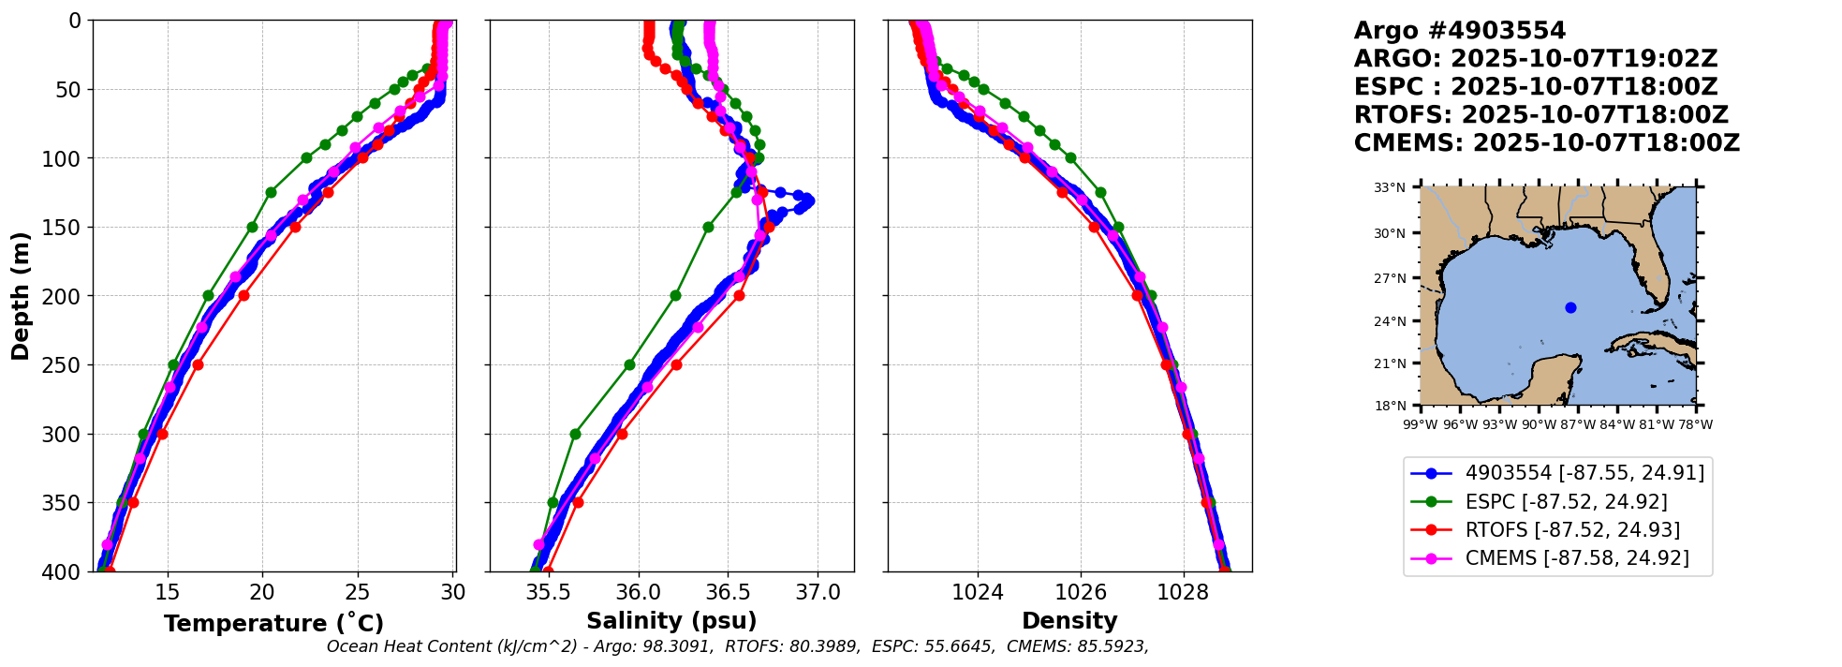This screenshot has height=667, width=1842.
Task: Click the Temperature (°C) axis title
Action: [x=273, y=624]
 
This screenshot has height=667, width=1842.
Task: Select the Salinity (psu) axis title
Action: [x=671, y=621]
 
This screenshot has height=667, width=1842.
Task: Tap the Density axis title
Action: [x=1069, y=621]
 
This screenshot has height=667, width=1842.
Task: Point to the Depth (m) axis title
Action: [x=21, y=296]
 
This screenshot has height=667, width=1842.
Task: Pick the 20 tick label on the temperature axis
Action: [x=262, y=592]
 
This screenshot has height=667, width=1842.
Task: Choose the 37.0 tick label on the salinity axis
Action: [x=817, y=592]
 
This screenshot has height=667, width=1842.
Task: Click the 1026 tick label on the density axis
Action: [x=1080, y=592]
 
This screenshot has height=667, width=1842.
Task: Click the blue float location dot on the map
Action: [x=1570, y=307]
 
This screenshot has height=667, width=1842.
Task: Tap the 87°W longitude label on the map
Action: [x=1578, y=424]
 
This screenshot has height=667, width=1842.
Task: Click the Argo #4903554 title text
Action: [x=1447, y=31]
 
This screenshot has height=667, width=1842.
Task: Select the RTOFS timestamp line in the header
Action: [x=1540, y=115]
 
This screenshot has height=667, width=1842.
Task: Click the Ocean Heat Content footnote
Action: [x=737, y=646]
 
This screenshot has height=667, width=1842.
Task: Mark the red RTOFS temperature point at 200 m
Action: [x=243, y=295]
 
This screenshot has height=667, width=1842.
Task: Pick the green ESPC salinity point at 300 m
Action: [x=575, y=434]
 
